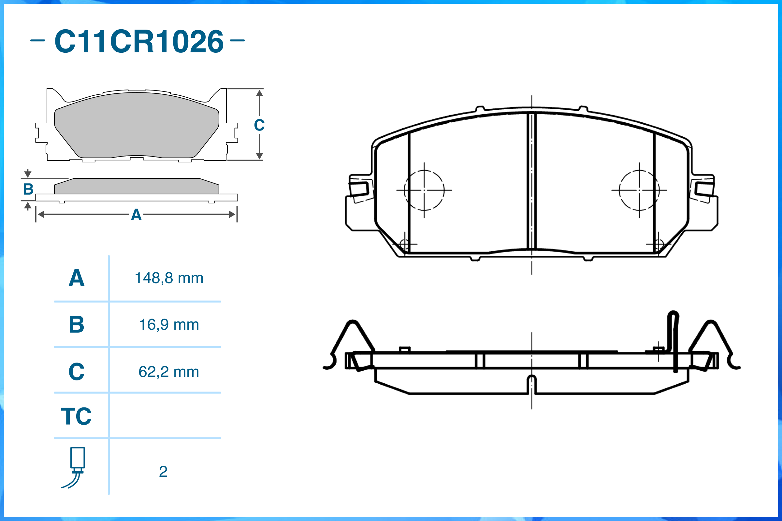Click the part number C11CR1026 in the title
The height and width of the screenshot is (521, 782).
(139, 41)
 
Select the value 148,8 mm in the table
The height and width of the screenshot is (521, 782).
(169, 278)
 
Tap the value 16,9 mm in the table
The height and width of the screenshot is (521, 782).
(169, 325)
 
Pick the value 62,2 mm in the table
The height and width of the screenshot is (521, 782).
(169, 372)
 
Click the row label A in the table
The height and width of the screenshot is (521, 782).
(77, 278)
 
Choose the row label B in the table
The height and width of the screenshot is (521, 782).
(77, 324)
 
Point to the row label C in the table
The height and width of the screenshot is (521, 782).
(77, 372)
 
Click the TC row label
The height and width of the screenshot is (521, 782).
(76, 416)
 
